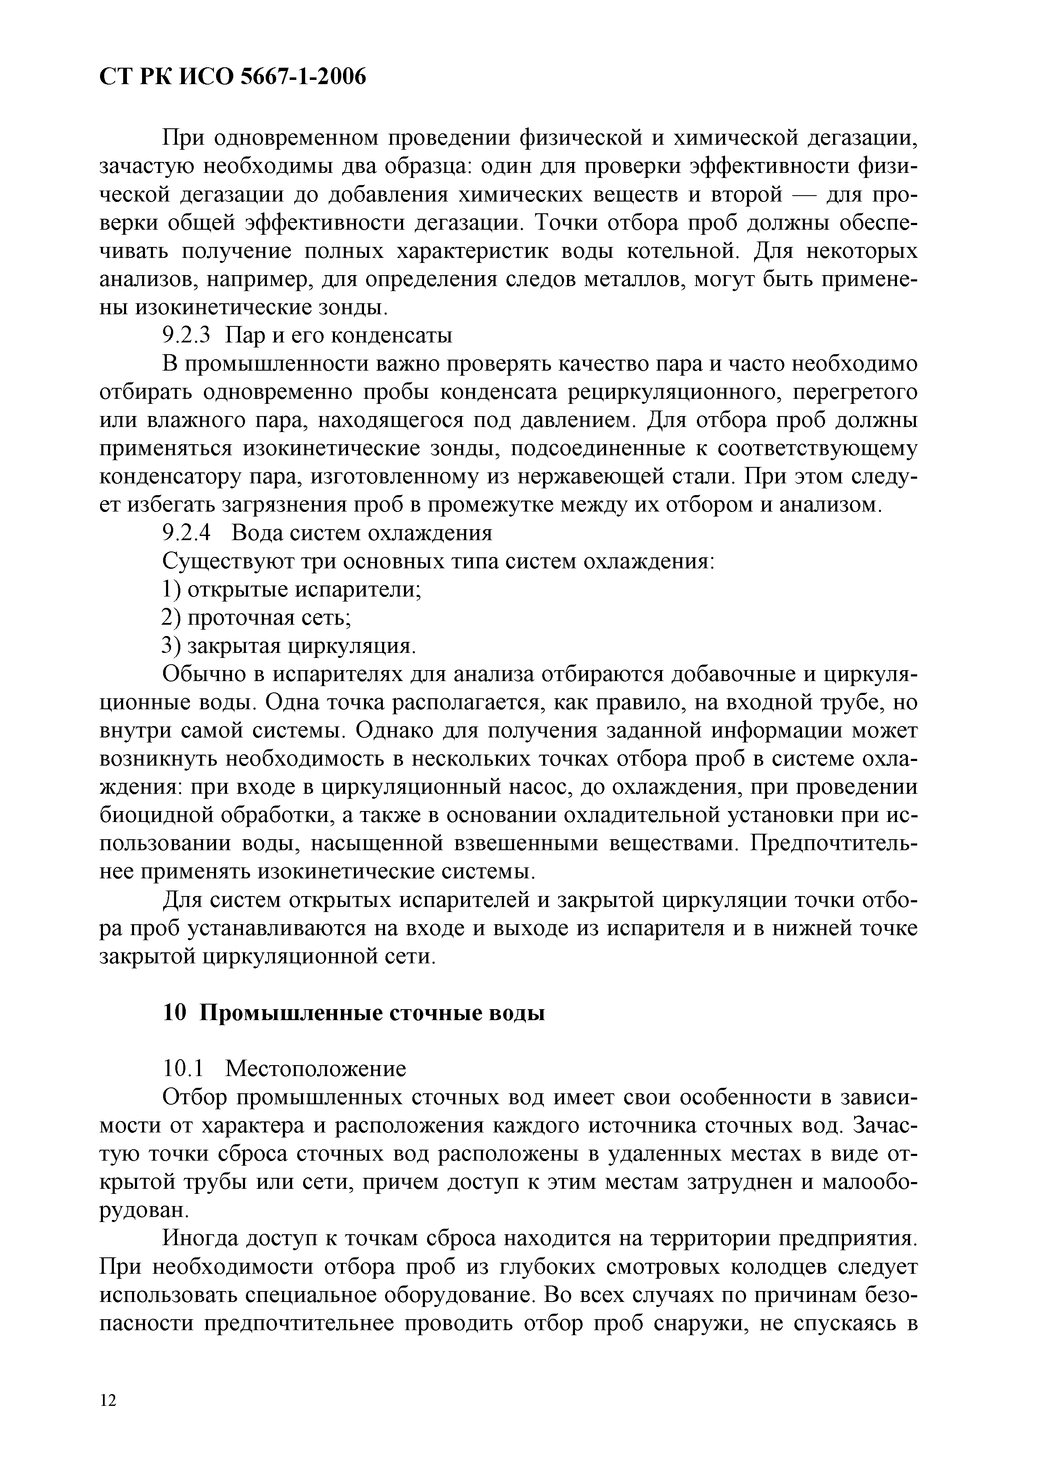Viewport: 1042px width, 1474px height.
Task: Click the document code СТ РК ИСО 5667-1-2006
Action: point(233,77)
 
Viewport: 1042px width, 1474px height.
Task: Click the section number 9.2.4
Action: point(186,533)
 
